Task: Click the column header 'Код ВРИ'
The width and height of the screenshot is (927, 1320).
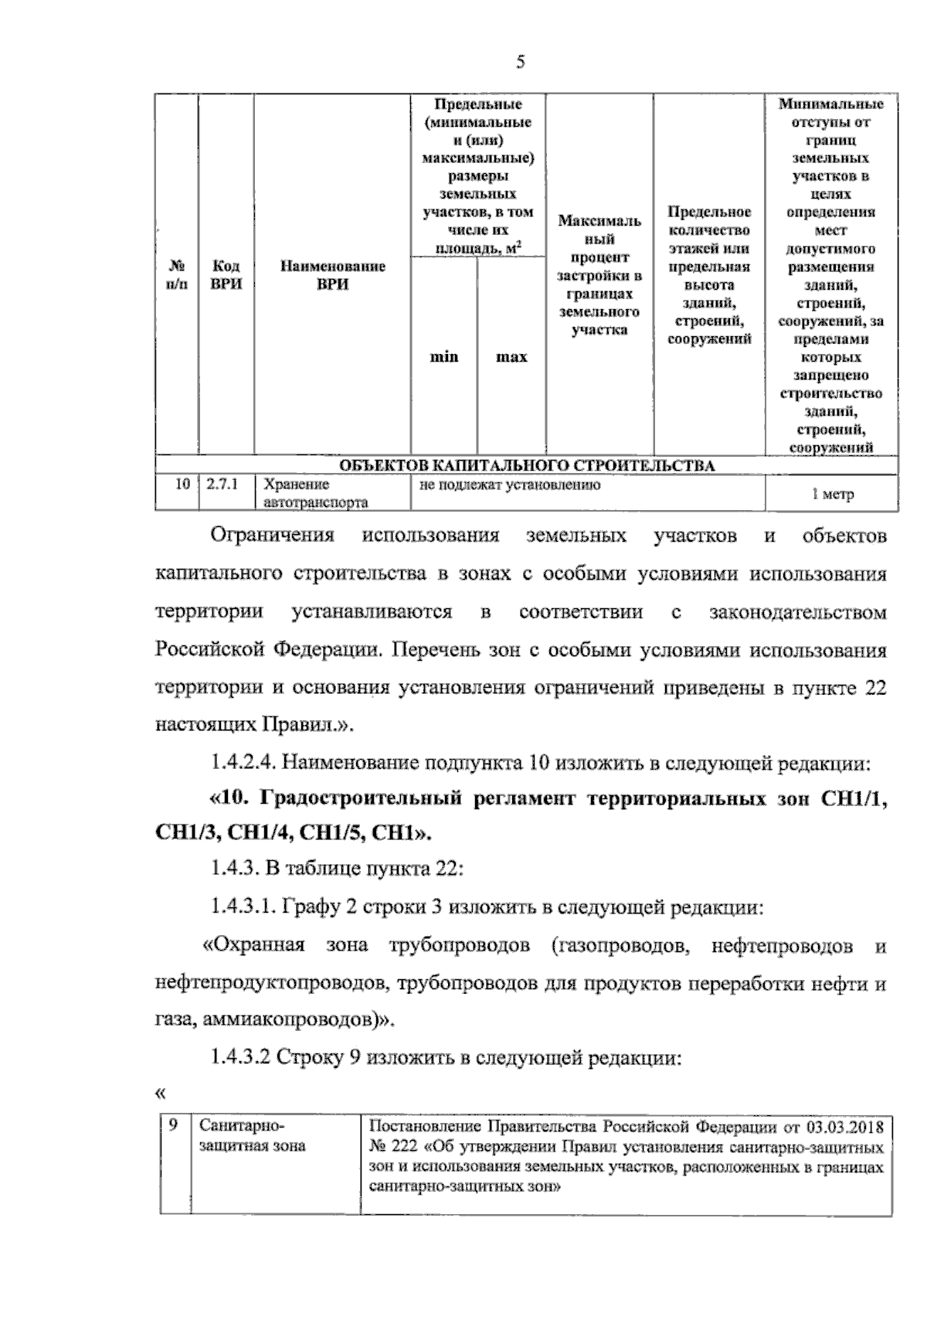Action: click(226, 275)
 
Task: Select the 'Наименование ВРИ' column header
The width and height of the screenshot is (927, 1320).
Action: click(332, 275)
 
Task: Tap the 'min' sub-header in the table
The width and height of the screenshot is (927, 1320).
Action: click(443, 357)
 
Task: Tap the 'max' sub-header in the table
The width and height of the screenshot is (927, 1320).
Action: click(511, 357)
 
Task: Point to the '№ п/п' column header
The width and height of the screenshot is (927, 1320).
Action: click(177, 275)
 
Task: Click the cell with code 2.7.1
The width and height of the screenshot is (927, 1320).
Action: click(222, 485)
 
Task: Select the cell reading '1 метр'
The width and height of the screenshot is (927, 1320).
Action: click(832, 495)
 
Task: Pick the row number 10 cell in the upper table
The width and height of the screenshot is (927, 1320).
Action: click(182, 485)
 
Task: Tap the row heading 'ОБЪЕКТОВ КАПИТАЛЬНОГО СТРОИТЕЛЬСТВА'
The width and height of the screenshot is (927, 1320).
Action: click(527, 465)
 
